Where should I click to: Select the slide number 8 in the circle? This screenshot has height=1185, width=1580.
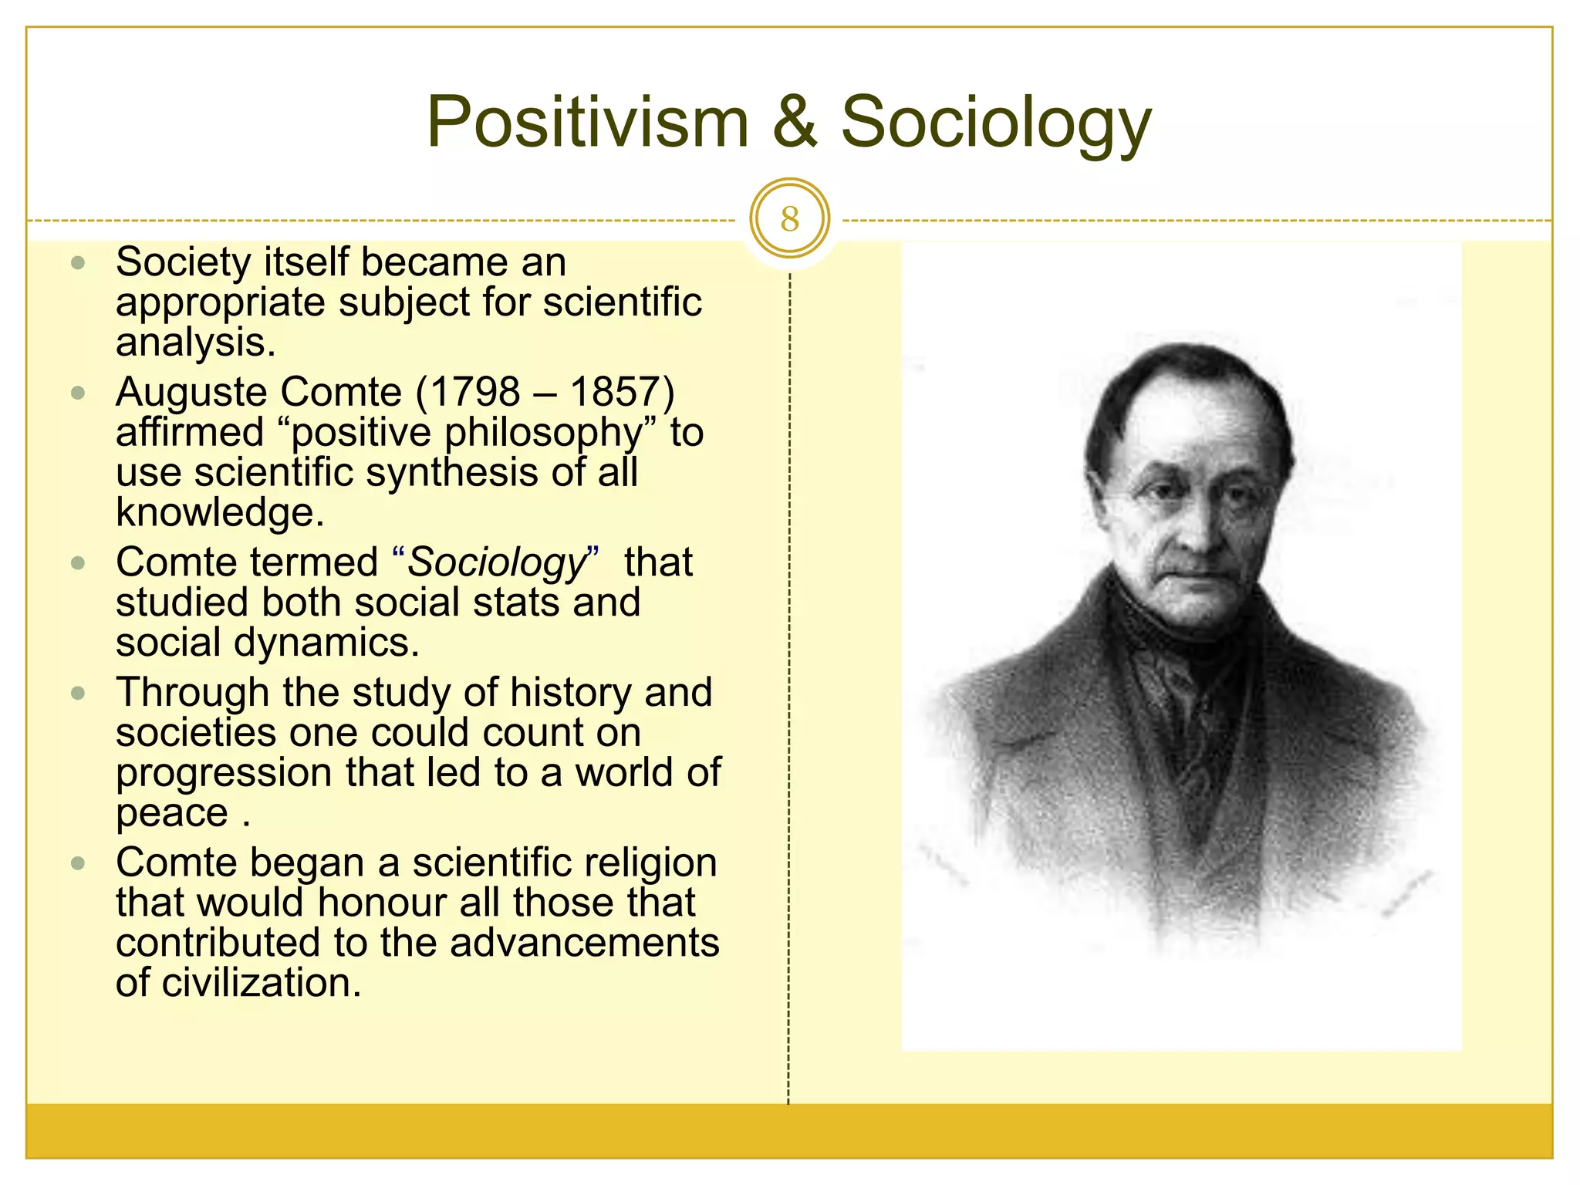[789, 219]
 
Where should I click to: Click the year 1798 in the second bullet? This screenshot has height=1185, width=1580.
[475, 392]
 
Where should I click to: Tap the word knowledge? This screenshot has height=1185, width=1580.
[219, 511]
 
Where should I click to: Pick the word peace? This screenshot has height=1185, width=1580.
[171, 812]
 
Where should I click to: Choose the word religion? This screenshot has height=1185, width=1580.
[650, 863]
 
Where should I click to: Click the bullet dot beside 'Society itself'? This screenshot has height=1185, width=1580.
[77, 263]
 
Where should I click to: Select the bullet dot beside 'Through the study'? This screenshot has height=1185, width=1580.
[77, 693]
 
